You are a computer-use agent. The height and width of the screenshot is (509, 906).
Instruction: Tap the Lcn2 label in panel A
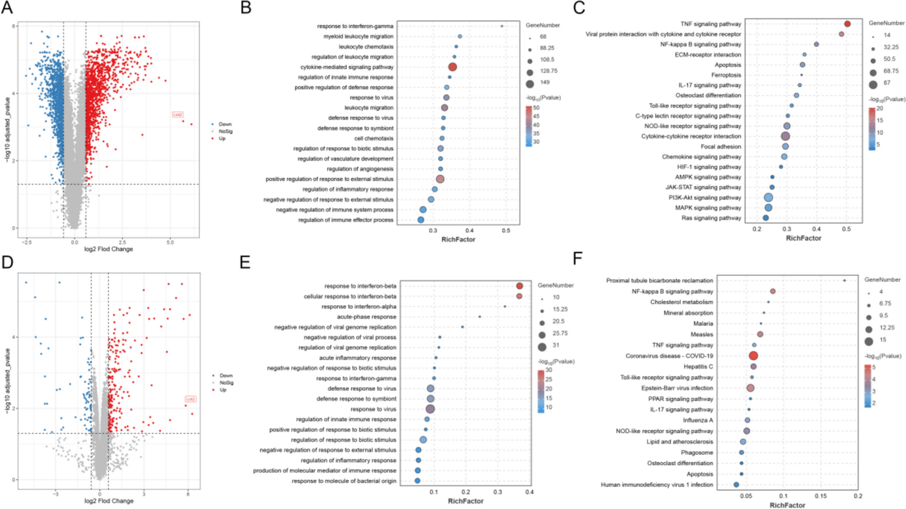click(177, 115)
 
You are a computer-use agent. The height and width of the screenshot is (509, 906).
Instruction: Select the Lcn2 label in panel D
click(190, 399)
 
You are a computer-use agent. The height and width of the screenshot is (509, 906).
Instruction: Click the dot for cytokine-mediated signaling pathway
click(452, 67)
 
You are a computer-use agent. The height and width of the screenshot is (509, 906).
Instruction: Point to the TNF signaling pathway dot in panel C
click(847, 24)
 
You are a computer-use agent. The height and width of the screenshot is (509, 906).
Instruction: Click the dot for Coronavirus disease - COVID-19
click(753, 356)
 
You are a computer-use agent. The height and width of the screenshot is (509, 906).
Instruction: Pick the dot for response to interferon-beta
click(519, 286)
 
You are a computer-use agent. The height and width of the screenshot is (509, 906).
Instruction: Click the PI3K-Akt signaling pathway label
click(704, 197)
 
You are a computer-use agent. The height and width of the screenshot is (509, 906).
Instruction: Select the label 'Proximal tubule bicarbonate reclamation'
click(659, 280)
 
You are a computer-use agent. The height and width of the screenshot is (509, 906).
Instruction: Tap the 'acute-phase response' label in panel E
click(367, 317)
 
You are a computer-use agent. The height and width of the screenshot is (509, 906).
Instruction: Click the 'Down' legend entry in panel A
click(225, 124)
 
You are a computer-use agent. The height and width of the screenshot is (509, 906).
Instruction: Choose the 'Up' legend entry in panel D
click(222, 390)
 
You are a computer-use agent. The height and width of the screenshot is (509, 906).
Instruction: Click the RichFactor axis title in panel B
click(458, 239)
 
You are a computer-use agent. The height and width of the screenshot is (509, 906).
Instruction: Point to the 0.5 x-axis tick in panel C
click(846, 229)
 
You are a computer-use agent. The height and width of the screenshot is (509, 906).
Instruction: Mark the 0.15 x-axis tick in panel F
click(820, 496)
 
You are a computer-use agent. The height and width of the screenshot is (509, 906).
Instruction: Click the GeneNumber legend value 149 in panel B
click(544, 82)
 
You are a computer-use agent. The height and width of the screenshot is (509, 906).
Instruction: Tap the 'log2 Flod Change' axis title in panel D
click(109, 501)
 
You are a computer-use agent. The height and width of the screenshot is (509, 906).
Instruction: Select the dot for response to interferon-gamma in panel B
click(502, 26)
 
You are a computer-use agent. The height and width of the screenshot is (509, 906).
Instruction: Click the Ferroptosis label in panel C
click(726, 75)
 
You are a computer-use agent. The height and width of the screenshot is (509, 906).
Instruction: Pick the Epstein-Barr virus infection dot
click(750, 388)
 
